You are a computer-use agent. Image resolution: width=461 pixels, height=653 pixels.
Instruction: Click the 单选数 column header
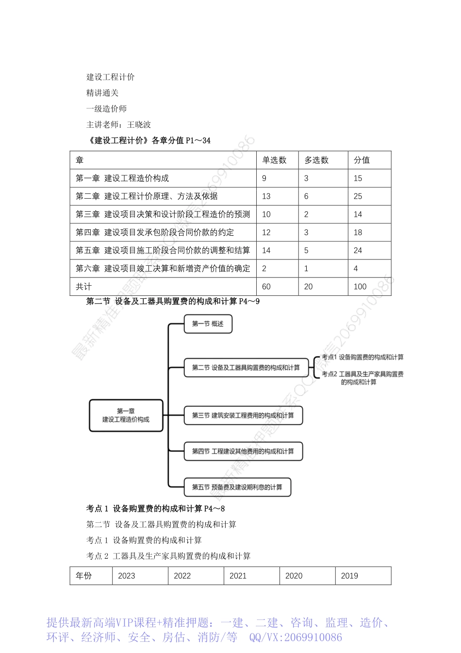tap(275, 160)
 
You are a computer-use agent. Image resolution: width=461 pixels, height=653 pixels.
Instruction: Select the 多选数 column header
tap(316, 160)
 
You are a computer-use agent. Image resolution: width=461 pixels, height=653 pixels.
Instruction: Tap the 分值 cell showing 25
tap(358, 196)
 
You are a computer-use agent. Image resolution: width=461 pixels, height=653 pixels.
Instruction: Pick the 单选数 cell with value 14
tap(266, 251)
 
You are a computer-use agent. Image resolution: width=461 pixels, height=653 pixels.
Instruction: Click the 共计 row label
tap(83, 287)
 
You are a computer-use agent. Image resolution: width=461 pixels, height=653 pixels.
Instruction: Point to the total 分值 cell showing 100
tap(360, 287)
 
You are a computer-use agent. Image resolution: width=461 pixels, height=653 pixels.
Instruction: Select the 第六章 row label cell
tap(163, 269)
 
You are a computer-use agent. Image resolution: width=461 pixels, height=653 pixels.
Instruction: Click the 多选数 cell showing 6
tap(306, 196)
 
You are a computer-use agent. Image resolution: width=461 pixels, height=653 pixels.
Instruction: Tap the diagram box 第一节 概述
tap(208, 324)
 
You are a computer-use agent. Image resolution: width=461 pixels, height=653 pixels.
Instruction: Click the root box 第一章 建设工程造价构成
tap(126, 415)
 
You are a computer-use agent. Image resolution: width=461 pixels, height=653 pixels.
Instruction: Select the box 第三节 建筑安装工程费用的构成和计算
tap(243, 415)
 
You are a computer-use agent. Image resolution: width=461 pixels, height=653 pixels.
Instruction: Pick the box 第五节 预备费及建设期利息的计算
tap(237, 487)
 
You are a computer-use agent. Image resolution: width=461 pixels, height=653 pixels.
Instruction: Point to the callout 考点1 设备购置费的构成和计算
tap(362, 358)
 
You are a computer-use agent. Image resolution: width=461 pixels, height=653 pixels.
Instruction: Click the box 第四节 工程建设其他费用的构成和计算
tap(243, 451)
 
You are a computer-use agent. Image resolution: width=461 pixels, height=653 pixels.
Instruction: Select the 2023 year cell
tap(127, 576)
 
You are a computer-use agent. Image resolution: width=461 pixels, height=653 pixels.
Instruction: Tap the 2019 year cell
tap(349, 576)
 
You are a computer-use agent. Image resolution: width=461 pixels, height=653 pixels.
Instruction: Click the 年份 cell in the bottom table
tap(84, 576)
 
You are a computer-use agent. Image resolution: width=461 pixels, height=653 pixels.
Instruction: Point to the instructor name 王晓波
tap(139, 125)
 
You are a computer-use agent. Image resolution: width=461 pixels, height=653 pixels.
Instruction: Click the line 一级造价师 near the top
tap(106, 109)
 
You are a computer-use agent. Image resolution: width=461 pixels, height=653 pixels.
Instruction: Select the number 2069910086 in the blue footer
tap(313, 637)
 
